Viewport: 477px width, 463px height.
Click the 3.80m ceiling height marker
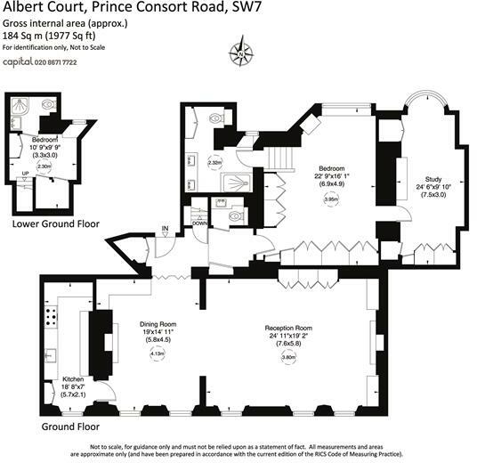288,358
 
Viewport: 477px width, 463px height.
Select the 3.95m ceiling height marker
331,200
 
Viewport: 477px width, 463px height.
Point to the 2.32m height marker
214,163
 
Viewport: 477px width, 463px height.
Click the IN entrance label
165,230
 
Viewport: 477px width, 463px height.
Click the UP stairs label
25,174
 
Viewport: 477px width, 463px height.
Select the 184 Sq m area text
22,37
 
